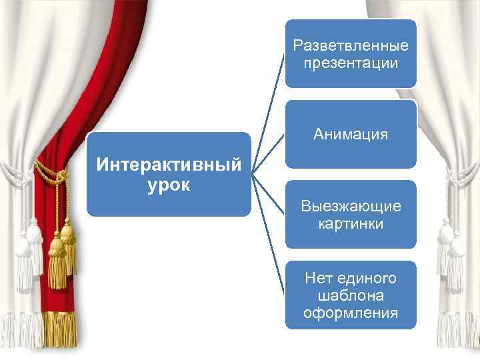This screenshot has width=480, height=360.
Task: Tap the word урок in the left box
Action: pos(169,184)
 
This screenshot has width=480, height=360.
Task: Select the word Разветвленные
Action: pos(351,46)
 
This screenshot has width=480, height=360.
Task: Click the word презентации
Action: pos(351,64)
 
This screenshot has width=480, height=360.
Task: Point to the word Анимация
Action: pos(351,135)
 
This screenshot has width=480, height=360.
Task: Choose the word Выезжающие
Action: pos(351,206)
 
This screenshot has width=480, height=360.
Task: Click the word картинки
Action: pos(351,223)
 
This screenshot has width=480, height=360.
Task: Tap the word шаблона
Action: pos(351,295)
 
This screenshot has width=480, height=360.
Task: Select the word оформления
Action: pos(351,313)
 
